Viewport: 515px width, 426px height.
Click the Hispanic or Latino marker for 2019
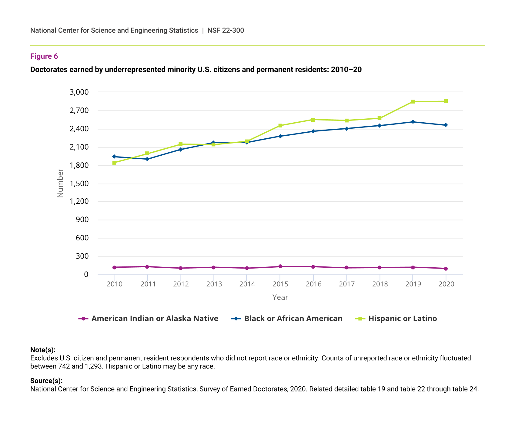[x=413, y=102]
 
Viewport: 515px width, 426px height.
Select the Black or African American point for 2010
[x=114, y=157]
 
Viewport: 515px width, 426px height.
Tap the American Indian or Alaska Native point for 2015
[x=280, y=266]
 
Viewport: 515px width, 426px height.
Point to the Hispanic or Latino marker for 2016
[x=313, y=120]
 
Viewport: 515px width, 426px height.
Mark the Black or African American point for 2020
[x=446, y=125]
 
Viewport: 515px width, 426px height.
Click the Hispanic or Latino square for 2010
[x=114, y=163]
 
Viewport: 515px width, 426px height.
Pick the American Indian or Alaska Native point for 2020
[x=446, y=269]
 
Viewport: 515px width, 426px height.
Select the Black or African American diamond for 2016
[x=313, y=131]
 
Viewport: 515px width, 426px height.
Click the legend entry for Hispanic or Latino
[x=396, y=319]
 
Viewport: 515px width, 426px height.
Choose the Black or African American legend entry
[x=287, y=319]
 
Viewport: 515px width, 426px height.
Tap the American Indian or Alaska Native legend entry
[x=149, y=319]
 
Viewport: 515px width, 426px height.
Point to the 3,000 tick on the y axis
[x=79, y=92]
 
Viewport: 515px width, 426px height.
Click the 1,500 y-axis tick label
[x=79, y=184]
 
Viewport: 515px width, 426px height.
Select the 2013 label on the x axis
[x=214, y=284]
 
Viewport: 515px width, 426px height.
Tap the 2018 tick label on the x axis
[x=380, y=284]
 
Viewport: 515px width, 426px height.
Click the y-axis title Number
[x=60, y=183]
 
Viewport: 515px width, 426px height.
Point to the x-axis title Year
[x=280, y=297]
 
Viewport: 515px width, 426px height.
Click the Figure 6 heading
[x=44, y=56]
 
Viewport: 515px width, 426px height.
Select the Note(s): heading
[x=43, y=350]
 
